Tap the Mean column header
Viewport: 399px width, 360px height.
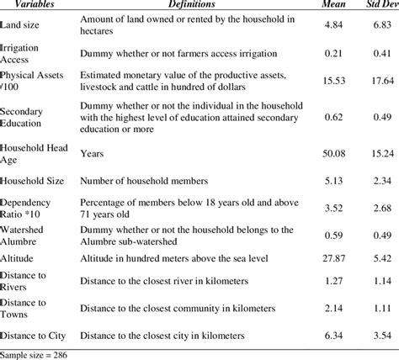[327, 5]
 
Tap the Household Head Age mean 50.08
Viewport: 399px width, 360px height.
[327, 154]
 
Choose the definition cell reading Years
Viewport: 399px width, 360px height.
[92, 154]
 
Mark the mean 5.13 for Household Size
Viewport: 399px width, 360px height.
[327, 180]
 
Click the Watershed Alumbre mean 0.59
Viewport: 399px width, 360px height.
[327, 235]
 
